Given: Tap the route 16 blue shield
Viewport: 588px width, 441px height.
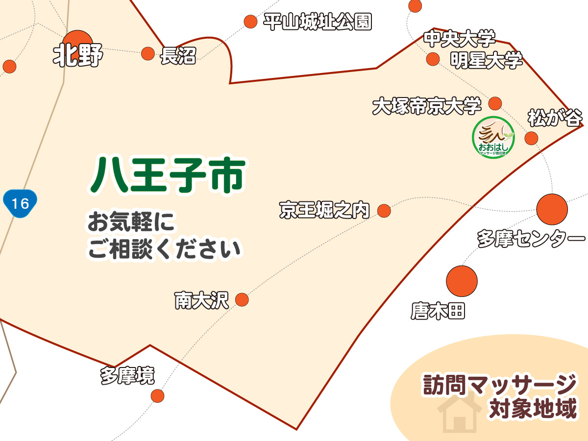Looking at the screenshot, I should point(20,203).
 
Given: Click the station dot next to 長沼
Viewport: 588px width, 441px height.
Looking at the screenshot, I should point(148,53).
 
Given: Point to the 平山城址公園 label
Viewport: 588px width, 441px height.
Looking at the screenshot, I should point(318,22).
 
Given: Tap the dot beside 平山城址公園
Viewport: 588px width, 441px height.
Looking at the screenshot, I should point(250,22).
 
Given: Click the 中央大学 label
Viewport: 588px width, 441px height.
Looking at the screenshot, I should point(459,38).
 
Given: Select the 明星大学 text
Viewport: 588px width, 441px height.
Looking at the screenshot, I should point(486,61).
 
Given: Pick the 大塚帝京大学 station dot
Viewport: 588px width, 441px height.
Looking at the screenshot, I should point(495,103).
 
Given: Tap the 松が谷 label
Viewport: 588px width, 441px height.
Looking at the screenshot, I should point(555,118).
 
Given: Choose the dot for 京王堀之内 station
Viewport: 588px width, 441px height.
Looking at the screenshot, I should point(384,211).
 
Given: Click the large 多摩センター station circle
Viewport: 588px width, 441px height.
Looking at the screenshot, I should point(552,209).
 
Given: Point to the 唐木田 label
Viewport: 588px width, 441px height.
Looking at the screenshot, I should point(438,311).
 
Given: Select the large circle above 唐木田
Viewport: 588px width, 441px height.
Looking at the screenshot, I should point(462,281).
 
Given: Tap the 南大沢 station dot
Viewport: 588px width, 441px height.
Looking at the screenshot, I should point(242,299).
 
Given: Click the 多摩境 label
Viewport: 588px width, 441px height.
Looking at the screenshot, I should point(127,376).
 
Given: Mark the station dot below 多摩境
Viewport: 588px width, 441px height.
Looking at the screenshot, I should point(157,395).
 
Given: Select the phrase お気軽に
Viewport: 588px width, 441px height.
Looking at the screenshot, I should point(131,222).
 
